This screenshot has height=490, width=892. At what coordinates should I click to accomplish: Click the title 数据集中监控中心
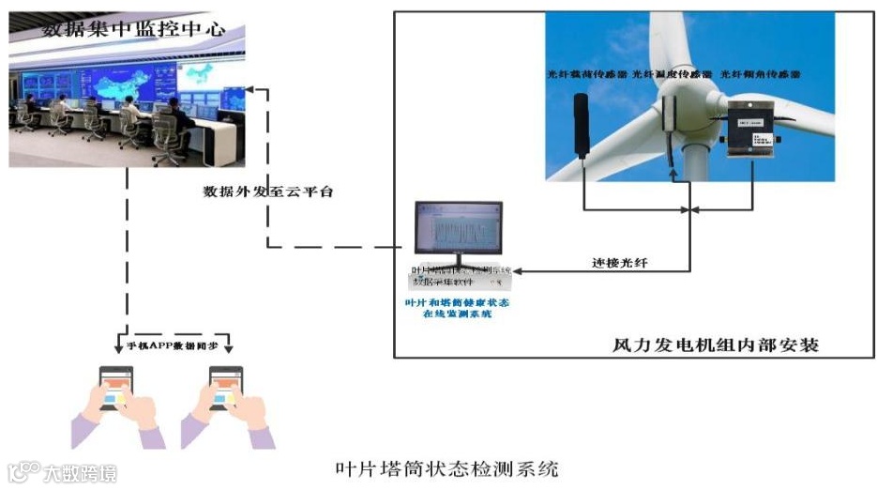click(x=133, y=29)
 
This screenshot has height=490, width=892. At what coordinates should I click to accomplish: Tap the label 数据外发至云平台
click(x=268, y=191)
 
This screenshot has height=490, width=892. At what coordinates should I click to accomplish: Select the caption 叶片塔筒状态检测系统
click(x=447, y=467)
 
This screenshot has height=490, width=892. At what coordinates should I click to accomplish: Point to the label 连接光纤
click(x=619, y=262)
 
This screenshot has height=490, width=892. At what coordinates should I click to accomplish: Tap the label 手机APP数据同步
click(x=173, y=345)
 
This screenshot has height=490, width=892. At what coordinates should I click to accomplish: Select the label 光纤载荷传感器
click(x=587, y=72)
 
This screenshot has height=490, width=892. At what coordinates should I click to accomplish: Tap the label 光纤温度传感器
click(x=673, y=72)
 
